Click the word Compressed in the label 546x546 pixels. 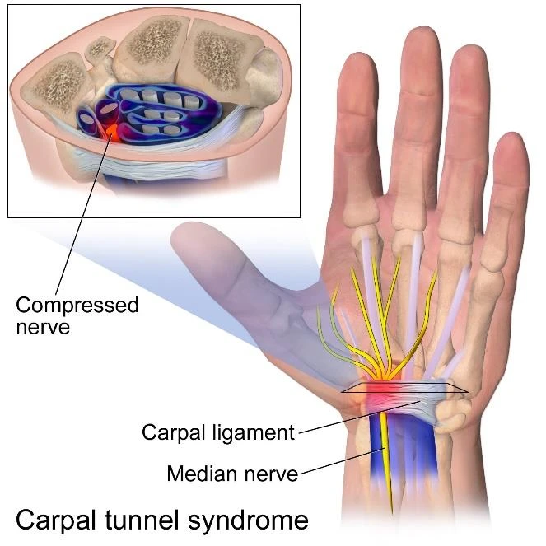[x=77, y=306]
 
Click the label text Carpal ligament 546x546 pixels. [x=217, y=432]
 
